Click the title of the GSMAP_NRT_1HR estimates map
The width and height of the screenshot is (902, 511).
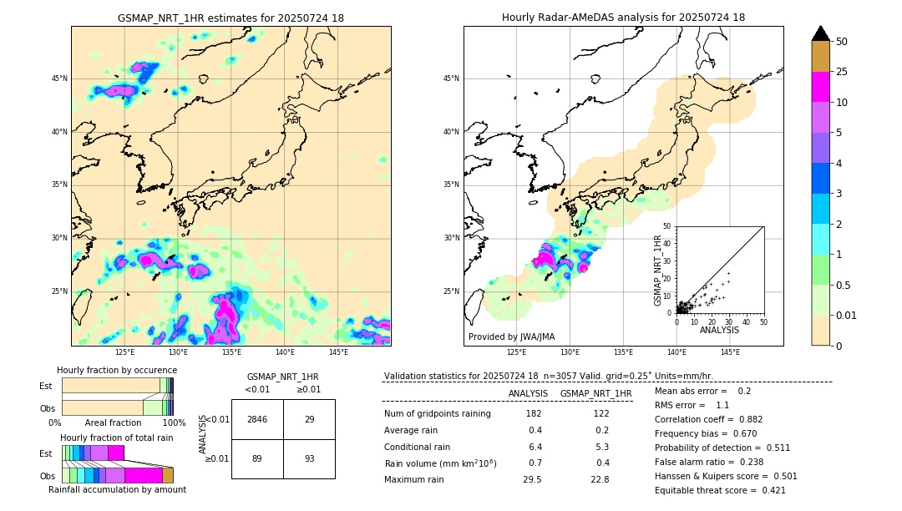tap(231, 18)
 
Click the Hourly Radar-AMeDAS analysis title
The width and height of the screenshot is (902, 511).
tap(623, 18)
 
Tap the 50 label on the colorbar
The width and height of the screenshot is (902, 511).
tap(842, 42)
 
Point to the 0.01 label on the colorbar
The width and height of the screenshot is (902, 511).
tap(847, 315)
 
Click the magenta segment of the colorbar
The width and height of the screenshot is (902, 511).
tap(820, 87)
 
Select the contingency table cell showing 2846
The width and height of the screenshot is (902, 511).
tap(257, 419)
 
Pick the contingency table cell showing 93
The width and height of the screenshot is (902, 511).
tap(309, 458)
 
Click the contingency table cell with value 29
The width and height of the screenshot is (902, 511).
tap(309, 419)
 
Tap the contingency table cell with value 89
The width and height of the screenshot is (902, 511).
tap(257, 458)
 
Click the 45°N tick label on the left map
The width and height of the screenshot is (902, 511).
tap(59, 78)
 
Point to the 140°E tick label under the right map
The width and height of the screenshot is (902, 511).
tap(676, 352)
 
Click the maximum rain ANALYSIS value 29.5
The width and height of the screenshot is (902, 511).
tap(532, 479)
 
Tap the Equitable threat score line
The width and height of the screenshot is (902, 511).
tap(720, 491)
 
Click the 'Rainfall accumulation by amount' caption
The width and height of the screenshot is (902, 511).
tap(117, 489)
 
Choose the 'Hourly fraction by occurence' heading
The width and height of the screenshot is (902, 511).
tap(117, 370)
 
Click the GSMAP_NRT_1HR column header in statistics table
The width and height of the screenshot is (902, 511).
tap(595, 393)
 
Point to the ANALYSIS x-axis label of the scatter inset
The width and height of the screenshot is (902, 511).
tap(719, 330)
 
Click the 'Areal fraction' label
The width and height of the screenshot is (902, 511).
tap(113, 423)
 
